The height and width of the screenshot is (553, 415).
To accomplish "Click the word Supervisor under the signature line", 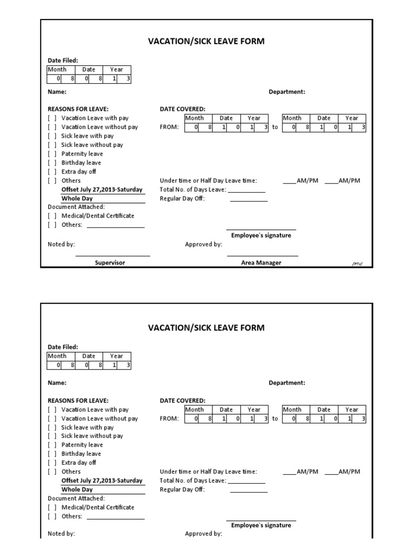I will tap(110, 262).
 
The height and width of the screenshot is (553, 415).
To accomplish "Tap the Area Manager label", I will tap(261, 262).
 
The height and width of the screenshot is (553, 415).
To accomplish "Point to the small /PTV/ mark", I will tap(357, 264).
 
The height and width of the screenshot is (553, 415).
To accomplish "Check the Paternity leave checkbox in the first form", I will tap(52, 154).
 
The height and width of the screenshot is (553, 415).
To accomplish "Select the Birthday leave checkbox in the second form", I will tap(52, 454).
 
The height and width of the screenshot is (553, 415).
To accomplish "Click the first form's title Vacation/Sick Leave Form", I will tap(206, 41).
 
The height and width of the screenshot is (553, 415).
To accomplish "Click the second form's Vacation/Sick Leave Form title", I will tap(206, 328).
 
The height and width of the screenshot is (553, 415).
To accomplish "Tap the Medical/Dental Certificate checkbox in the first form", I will tap(52, 216).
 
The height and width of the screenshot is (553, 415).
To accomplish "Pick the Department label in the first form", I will tap(287, 92).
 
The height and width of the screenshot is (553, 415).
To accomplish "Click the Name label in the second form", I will tap(57, 383).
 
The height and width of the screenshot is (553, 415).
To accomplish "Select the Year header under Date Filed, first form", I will tap(117, 70).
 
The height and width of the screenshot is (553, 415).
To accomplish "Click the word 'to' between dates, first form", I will tap(275, 127).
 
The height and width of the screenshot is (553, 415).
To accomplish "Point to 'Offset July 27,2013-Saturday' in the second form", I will tap(102, 481).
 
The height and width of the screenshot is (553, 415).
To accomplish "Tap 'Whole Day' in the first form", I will tap(77, 199).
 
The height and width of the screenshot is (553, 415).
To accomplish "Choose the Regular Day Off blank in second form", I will tap(249, 490).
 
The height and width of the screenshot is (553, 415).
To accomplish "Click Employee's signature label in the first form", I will tap(261, 235).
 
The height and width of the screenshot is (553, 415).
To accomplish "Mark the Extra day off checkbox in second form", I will tap(52, 463).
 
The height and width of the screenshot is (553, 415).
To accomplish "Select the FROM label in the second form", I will tap(169, 419).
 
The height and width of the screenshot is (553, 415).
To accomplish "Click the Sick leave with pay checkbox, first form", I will tap(52, 136).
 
